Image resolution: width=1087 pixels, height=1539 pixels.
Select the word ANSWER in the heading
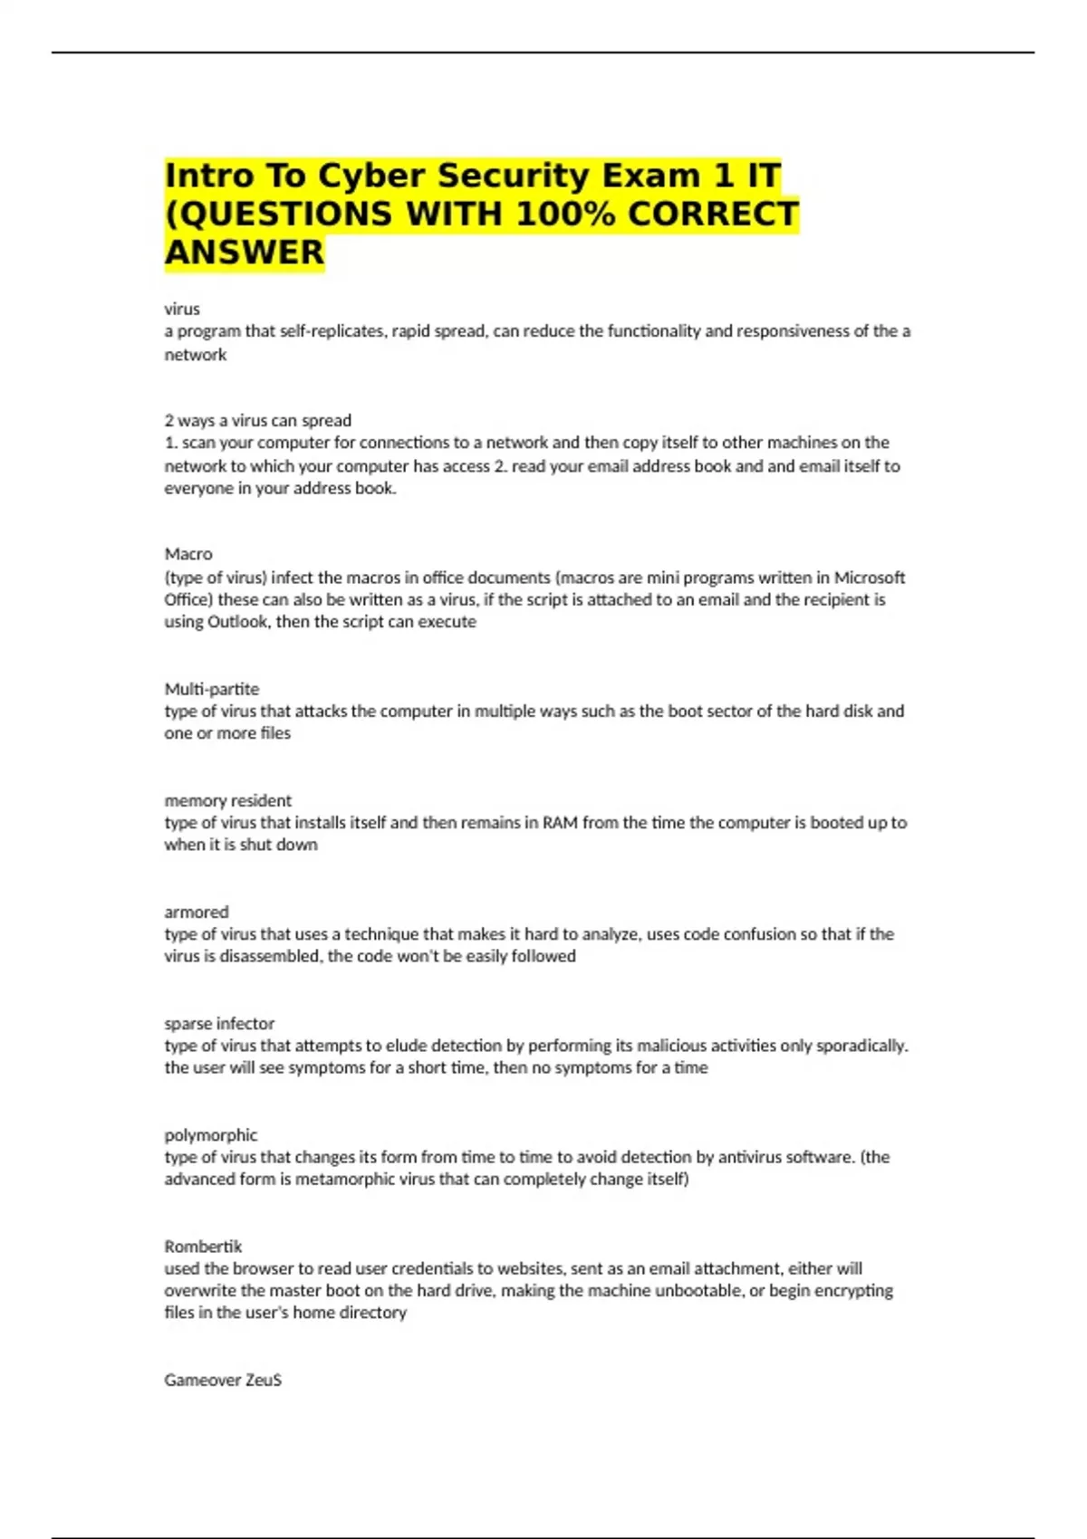244,253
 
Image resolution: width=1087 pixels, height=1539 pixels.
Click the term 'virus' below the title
182,309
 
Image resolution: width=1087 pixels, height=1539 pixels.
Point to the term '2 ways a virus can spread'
257,420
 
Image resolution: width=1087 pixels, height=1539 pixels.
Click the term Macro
188,554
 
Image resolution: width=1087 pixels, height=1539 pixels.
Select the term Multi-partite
211,689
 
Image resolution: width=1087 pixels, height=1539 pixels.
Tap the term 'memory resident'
227,800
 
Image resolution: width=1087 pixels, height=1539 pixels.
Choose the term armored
196,912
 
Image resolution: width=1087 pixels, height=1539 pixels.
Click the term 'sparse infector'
219,1023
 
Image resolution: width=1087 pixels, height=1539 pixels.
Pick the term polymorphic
210,1134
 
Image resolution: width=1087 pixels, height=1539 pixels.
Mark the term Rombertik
203,1247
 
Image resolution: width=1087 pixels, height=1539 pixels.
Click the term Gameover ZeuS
223,1380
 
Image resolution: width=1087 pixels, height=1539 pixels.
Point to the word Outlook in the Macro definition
237,622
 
